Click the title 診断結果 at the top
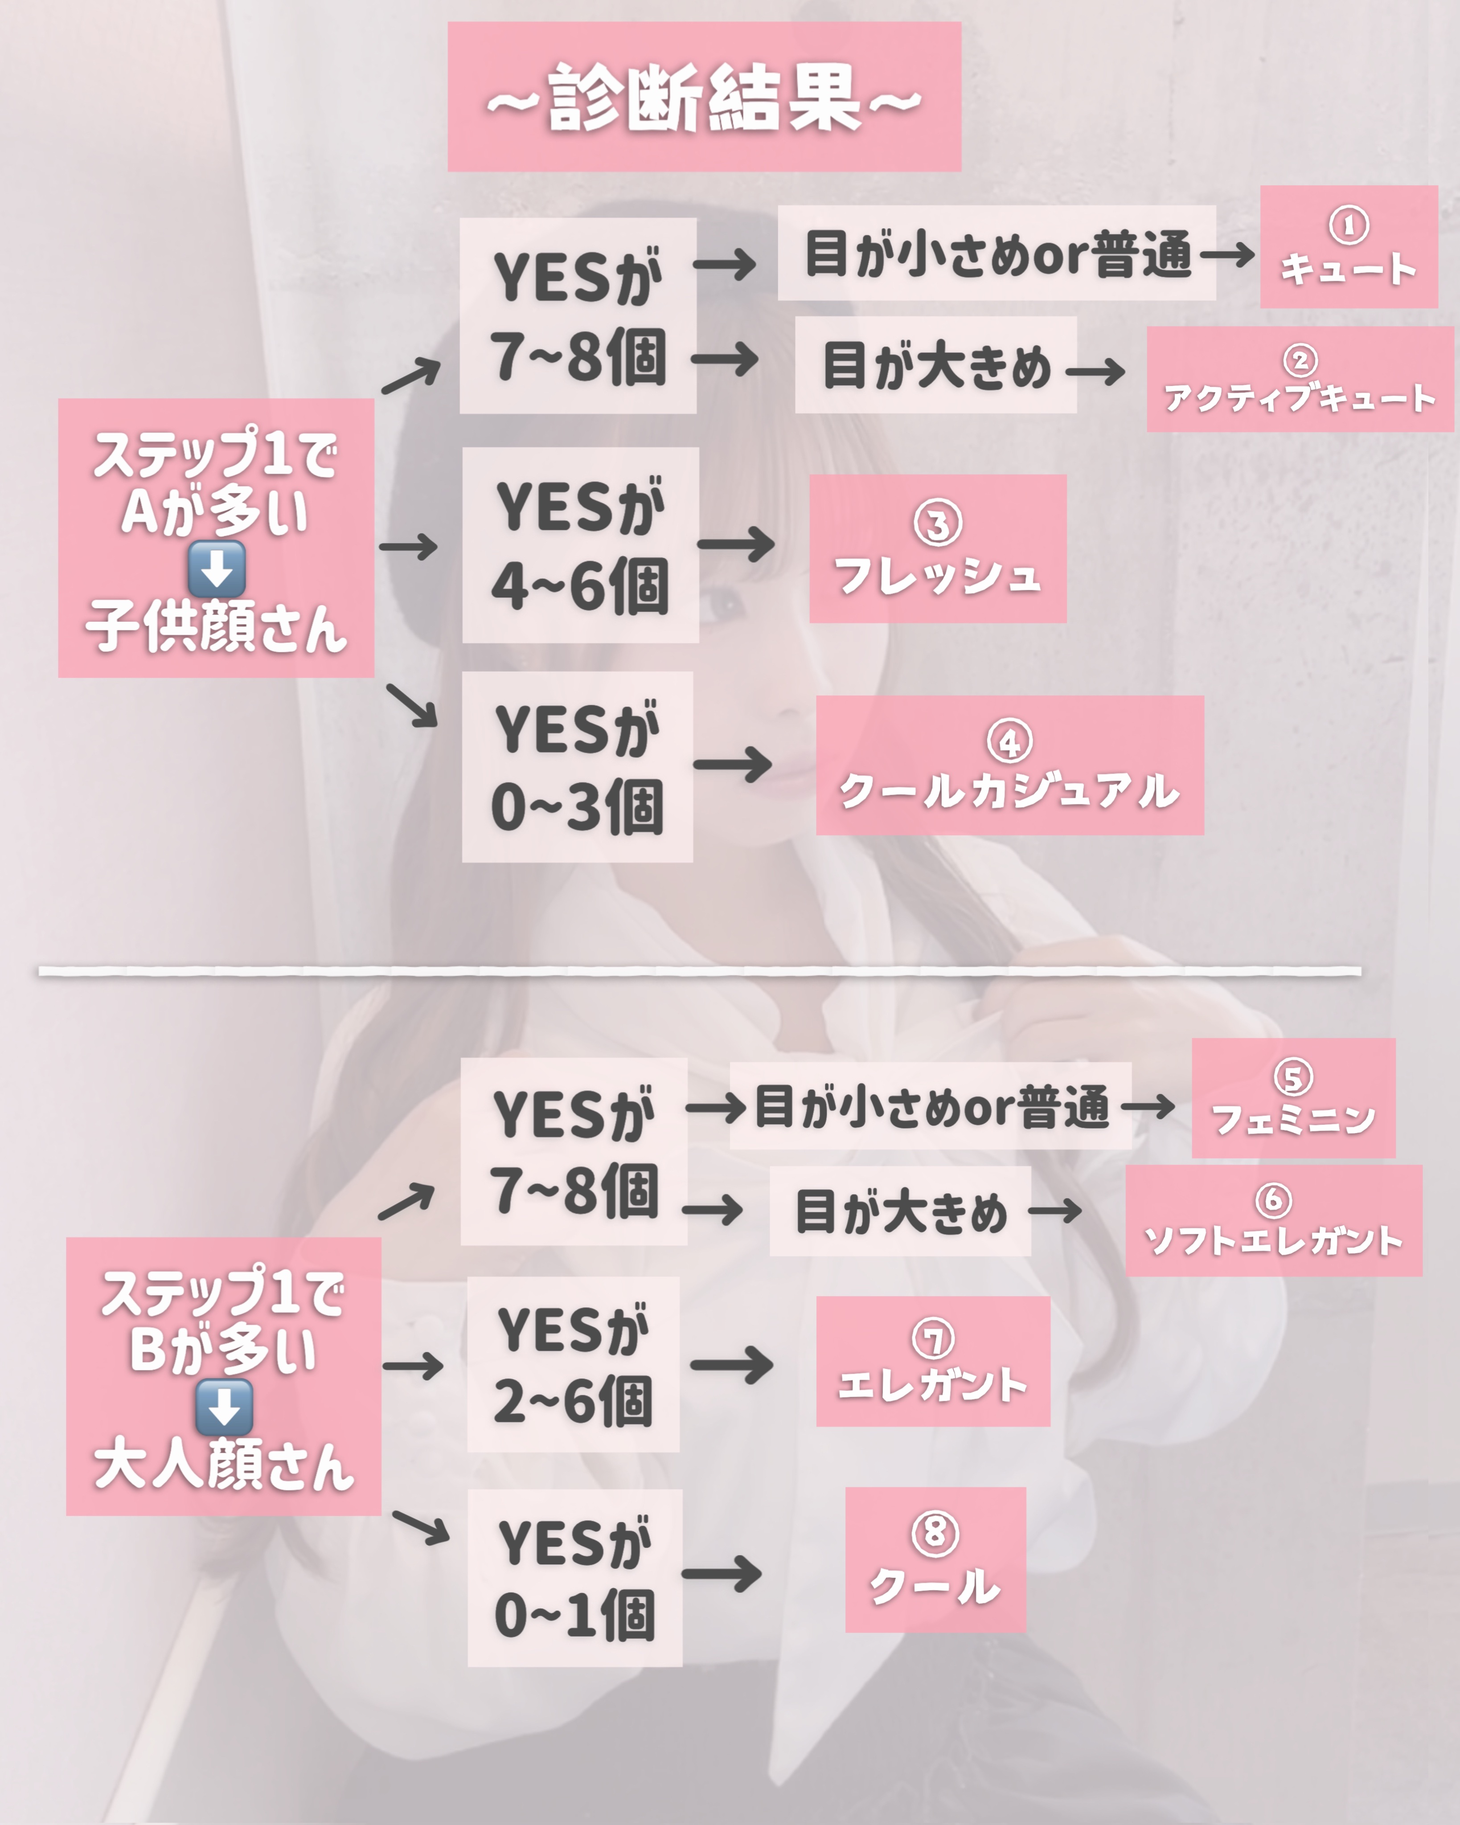point(704,97)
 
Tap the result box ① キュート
point(1348,247)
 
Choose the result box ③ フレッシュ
point(938,548)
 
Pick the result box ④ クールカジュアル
point(1009,765)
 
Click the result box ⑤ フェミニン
point(1293,1098)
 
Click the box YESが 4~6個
point(580,545)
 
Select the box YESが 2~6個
point(573,1365)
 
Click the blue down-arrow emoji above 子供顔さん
point(217,569)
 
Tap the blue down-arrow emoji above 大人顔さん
point(224,1407)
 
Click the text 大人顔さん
point(224,1465)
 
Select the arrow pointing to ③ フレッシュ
point(735,544)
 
